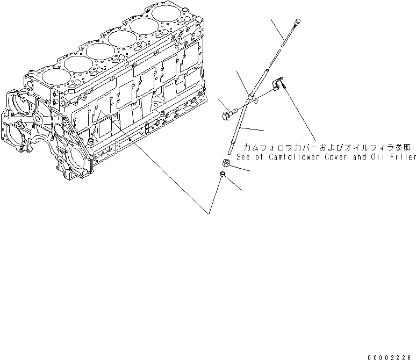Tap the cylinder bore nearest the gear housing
(53, 77)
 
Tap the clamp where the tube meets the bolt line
(253, 97)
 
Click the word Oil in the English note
(375, 157)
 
